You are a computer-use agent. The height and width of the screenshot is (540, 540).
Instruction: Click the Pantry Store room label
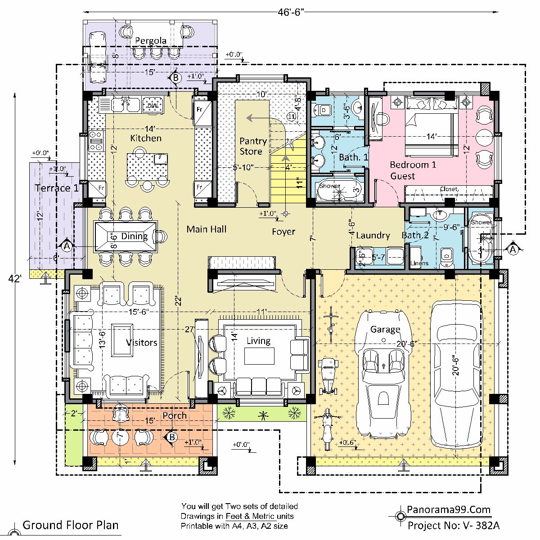(253, 146)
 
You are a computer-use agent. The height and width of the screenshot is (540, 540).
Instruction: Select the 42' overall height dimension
(14, 279)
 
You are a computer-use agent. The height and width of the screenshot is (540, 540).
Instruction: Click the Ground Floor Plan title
(71, 525)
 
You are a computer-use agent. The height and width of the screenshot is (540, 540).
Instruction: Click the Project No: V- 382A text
(453, 525)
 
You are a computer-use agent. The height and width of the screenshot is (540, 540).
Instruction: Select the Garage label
(385, 330)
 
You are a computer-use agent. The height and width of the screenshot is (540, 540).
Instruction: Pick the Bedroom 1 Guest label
(413, 170)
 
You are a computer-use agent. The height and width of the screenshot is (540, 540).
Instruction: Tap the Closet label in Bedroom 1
(448, 189)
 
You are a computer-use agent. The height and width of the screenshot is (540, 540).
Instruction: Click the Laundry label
(373, 235)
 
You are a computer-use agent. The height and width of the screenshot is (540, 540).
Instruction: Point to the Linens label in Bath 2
(420, 263)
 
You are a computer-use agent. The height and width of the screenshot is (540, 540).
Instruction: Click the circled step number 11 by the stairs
(292, 116)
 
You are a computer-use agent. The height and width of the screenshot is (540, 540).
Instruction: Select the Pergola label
(151, 41)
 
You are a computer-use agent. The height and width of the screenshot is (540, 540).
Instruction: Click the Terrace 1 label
(57, 188)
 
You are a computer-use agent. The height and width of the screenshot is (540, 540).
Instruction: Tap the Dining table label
(134, 236)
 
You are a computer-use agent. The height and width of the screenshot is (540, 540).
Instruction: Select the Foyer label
(283, 232)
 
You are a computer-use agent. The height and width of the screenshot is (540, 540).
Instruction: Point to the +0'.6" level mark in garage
(346, 442)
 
